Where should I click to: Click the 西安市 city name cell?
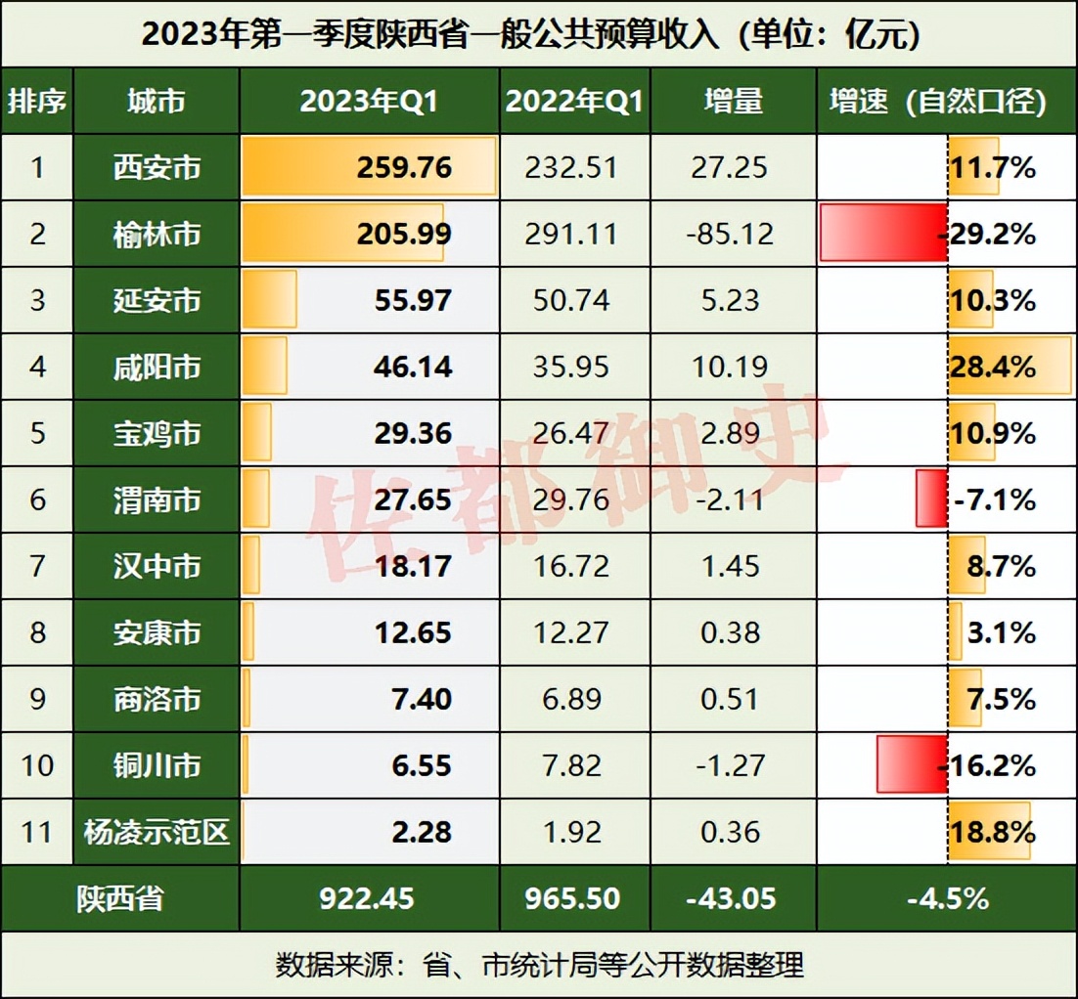click(x=157, y=168)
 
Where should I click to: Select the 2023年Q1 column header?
click(x=369, y=101)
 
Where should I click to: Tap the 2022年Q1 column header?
click(x=574, y=101)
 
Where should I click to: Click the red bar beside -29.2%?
click(x=882, y=234)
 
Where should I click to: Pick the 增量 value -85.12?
click(x=731, y=235)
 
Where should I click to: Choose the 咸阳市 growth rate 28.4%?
click(x=992, y=368)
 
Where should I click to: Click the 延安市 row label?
click(x=157, y=300)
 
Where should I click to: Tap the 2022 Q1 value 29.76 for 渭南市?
click(x=573, y=500)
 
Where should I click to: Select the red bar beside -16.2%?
click(x=911, y=764)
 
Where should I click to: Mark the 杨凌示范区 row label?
click(x=157, y=832)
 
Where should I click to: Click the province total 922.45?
click(x=369, y=898)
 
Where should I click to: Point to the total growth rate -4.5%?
click(x=947, y=898)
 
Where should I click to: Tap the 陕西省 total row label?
click(x=120, y=898)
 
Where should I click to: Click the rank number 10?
click(x=37, y=765)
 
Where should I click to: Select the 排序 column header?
click(x=37, y=101)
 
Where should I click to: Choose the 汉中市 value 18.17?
click(x=413, y=566)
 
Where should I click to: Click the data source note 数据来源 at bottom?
click(x=539, y=965)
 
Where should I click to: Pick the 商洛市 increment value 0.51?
click(x=731, y=699)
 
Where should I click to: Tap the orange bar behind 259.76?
click(x=293, y=167)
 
